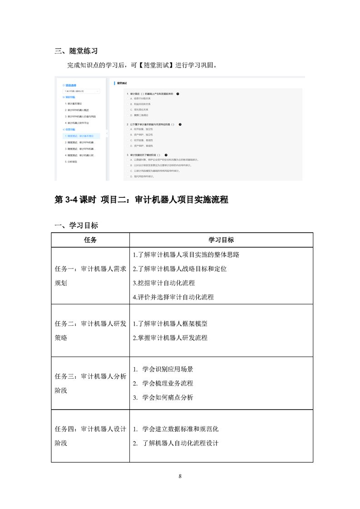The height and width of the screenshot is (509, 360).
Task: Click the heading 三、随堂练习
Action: click(76, 51)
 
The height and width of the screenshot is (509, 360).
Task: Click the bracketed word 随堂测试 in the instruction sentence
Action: click(153, 65)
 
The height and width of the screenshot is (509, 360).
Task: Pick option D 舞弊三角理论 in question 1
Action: click(141, 115)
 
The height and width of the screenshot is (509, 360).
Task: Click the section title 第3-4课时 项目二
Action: click(141, 200)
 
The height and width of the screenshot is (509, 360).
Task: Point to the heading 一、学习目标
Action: click(76, 225)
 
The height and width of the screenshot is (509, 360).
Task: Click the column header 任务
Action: click(90, 240)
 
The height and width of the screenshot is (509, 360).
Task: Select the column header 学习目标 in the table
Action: click(221, 240)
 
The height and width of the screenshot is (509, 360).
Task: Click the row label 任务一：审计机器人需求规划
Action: click(90, 275)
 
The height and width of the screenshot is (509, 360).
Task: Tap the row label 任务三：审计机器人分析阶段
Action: click(90, 383)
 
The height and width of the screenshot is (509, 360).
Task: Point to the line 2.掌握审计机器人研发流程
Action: click(170, 338)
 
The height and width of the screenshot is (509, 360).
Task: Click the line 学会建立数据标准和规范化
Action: click(180, 429)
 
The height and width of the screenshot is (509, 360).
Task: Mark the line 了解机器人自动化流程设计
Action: click(180, 443)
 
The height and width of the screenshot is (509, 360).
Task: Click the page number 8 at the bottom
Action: click(180, 476)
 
